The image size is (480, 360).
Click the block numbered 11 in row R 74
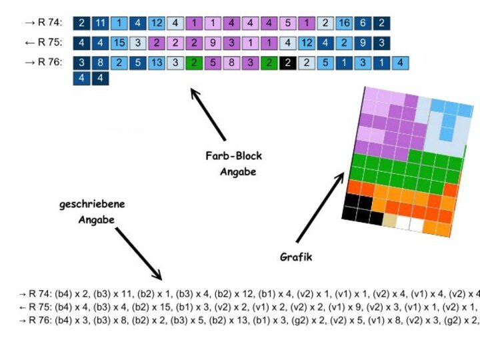[x=100, y=23]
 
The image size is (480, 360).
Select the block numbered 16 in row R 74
[x=344, y=23]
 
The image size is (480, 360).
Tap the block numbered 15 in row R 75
[x=119, y=43]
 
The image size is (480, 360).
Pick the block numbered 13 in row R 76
[x=155, y=63]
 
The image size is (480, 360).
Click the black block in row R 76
[x=287, y=63]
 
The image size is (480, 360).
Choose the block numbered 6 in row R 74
[x=363, y=23]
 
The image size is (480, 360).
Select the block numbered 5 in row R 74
[x=287, y=23]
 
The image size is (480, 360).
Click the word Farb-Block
[x=233, y=157]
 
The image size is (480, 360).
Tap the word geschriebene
[x=92, y=205]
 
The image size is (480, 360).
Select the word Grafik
[x=295, y=257]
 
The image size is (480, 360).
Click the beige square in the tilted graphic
[x=390, y=221]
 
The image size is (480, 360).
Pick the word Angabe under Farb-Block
[x=238, y=172]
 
